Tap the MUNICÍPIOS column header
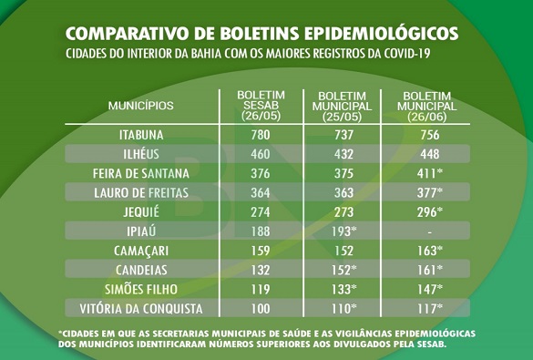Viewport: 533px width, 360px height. pos(141,106)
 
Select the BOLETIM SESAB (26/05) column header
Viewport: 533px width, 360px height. pos(261,105)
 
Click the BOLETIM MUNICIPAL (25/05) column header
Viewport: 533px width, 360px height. pos(342,106)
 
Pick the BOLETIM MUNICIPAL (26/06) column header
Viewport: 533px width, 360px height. pos(428,106)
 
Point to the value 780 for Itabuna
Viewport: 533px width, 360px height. pos(261,135)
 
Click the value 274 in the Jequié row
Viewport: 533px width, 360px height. pos(261,211)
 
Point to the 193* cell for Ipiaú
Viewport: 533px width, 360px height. pos(342,230)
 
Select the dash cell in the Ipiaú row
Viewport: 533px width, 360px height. pos(427,231)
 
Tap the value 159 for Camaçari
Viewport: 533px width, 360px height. pos(261,249)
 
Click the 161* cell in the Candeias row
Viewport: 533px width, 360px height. pos(427,269)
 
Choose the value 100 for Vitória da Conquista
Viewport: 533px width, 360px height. pos(261,307)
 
